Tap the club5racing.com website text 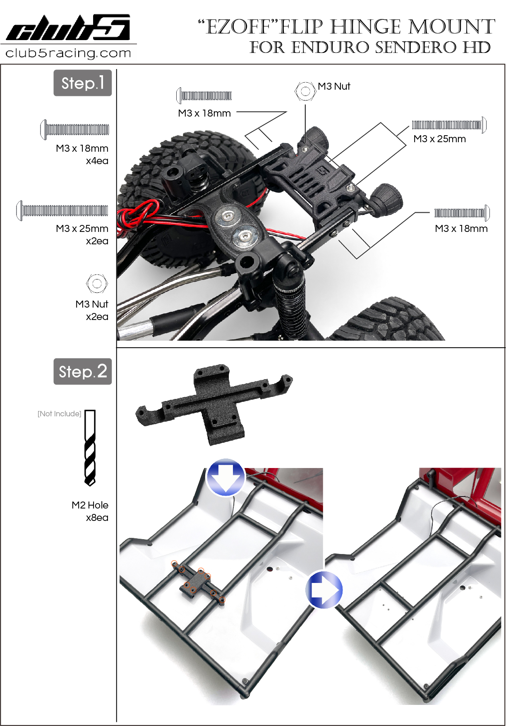(x=68, y=53)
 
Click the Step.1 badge (x=83, y=83)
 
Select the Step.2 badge (x=83, y=372)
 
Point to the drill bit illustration (x=90, y=448)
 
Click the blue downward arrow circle (x=225, y=477)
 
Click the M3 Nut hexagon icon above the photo (x=305, y=91)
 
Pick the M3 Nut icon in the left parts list (x=97, y=283)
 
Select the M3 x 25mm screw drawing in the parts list (x=62, y=210)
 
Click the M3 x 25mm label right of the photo (x=439, y=139)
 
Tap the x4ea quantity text (x=97, y=161)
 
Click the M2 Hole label (x=90, y=505)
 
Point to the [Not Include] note (x=59, y=414)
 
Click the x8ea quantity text (x=97, y=518)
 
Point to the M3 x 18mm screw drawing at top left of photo (x=204, y=96)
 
